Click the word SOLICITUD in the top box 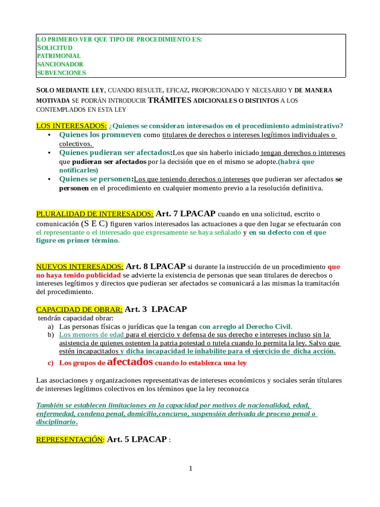[55, 48]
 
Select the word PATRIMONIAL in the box [58, 56]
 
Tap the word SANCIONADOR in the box [60, 64]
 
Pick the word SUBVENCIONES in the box [61, 73]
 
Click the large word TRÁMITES [170, 100]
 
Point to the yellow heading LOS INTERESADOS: [71, 125]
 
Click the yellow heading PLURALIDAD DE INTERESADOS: [95, 214]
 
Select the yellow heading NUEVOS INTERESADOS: [80, 266]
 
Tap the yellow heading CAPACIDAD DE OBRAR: [80, 309]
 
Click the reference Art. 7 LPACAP [186, 214]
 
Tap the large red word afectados [130, 361]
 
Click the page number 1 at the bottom [190, 469]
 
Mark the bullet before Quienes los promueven [49, 135]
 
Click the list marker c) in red [50, 363]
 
